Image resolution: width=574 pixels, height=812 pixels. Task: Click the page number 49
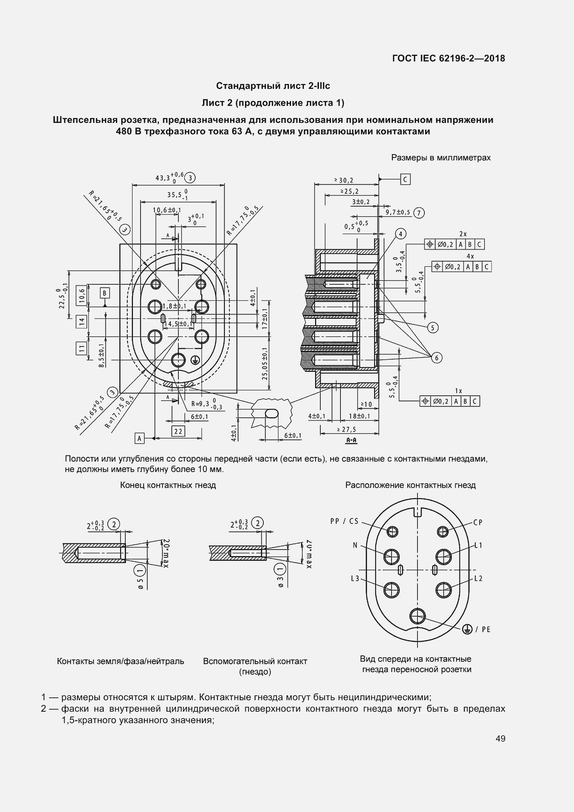(x=500, y=738)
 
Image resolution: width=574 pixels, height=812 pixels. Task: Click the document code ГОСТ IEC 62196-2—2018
(x=448, y=58)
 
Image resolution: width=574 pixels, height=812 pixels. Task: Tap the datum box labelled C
(x=405, y=179)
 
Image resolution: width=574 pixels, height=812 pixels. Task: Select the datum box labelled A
(x=140, y=438)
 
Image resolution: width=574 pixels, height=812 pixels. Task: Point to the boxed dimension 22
(x=178, y=431)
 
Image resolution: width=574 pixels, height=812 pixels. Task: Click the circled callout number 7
(x=419, y=213)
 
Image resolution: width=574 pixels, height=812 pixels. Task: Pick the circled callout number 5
(x=433, y=327)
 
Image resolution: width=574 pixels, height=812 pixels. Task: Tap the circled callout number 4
(x=400, y=234)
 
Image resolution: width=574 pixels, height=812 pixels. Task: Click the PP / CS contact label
(x=344, y=521)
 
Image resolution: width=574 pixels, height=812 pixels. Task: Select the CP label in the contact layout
(x=478, y=522)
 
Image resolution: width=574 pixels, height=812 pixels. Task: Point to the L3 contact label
(x=355, y=578)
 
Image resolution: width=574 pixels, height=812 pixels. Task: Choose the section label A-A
(x=351, y=440)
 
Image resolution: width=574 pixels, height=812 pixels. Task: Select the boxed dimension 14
(x=82, y=321)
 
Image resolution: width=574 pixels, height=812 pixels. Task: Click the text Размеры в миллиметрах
(x=441, y=158)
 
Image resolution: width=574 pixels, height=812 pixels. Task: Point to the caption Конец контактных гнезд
(x=168, y=485)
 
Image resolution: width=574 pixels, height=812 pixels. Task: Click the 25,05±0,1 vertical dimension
(x=265, y=363)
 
